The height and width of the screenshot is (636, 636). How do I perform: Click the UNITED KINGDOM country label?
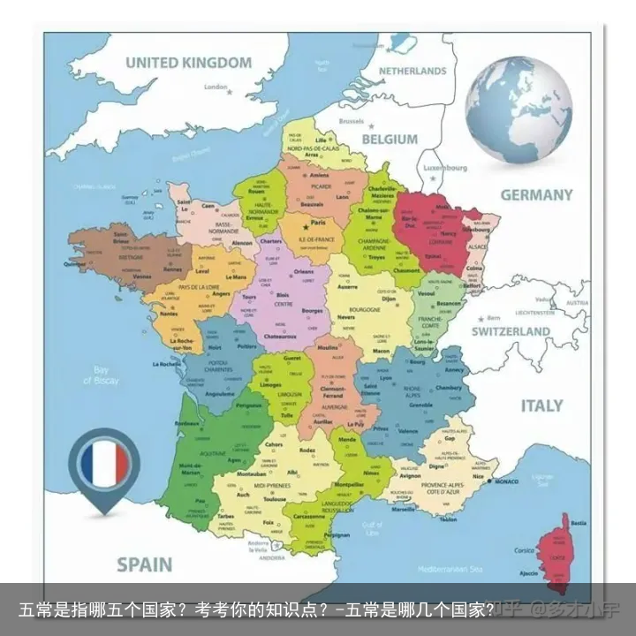188,63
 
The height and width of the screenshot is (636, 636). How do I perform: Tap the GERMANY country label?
537,194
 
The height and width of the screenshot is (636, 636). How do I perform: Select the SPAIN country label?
146,563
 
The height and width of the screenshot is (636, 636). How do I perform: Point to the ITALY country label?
541,405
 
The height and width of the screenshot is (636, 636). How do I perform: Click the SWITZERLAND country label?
511,331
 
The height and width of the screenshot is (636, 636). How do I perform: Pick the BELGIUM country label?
389,139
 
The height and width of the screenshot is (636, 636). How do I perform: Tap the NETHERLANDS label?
413,70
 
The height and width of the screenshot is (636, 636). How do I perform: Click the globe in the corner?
519,109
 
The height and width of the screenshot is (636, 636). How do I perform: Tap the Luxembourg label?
445,167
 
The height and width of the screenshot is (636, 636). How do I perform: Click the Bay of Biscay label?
101,375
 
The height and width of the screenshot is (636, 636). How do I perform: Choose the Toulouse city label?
275,498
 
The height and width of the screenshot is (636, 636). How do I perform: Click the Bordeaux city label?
187,423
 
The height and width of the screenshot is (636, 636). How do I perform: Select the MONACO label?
506,481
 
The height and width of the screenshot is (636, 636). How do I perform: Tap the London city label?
216,87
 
